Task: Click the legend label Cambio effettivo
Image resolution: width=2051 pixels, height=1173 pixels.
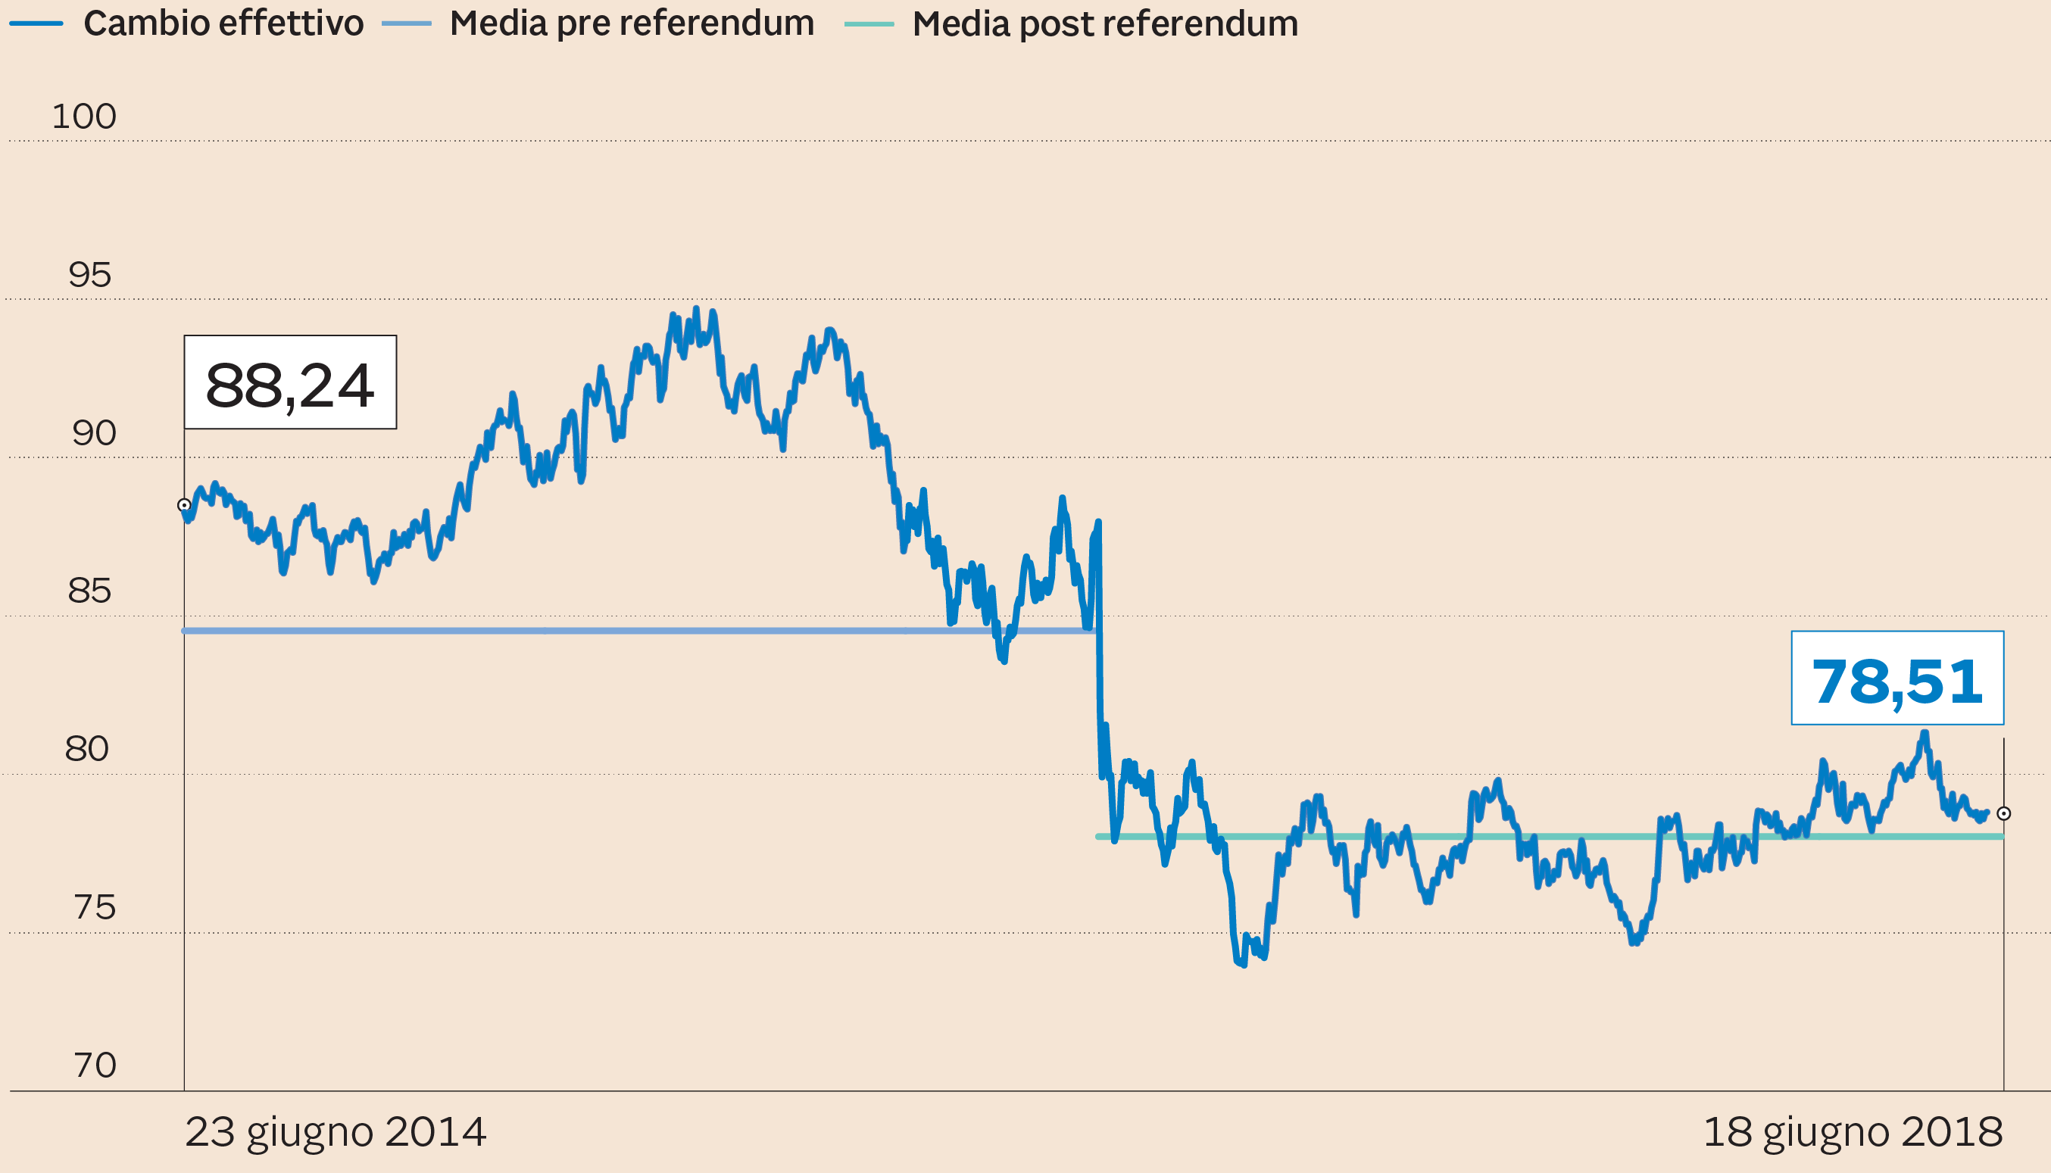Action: [x=223, y=23]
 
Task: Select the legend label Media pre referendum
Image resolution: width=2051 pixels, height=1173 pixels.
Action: [x=632, y=23]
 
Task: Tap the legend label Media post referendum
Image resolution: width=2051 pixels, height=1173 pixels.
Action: [x=1104, y=24]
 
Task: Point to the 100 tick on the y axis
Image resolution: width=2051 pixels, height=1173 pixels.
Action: [x=84, y=117]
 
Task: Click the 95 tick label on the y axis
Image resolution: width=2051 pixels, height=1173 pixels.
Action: [x=89, y=276]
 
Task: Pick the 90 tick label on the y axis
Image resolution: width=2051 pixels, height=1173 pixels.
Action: [x=93, y=433]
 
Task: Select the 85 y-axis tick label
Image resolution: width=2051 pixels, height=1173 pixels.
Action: [x=89, y=591]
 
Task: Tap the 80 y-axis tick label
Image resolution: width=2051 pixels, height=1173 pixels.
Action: [x=86, y=749]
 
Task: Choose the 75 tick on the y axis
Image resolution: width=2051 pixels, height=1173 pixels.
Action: [x=94, y=908]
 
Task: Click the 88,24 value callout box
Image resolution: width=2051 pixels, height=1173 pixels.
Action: [x=290, y=382]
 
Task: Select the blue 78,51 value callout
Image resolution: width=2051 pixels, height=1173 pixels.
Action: [x=1897, y=679]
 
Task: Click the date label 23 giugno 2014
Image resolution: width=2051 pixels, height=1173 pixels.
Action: [x=335, y=1132]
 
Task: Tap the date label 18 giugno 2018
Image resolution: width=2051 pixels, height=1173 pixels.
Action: [x=1852, y=1132]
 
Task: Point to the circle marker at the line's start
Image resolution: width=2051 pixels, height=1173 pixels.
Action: [x=185, y=505]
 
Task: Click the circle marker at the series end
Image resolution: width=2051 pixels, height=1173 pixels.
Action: [x=2003, y=814]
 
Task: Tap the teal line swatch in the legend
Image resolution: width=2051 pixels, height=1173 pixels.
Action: [x=869, y=24]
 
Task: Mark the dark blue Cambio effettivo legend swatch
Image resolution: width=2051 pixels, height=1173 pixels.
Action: [x=36, y=23]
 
